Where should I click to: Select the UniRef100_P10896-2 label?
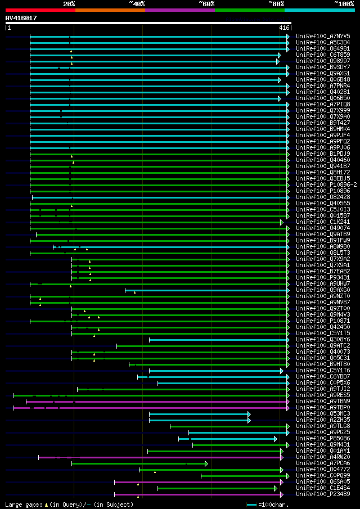[x=326, y=184]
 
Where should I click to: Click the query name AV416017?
[x=21, y=18]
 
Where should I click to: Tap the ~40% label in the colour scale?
[x=137, y=3]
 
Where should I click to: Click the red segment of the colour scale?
[x=40, y=10]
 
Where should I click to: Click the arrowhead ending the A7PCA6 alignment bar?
[x=206, y=463]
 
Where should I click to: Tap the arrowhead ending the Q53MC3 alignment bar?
[x=249, y=414]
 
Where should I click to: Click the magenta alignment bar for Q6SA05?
[x=197, y=482]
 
